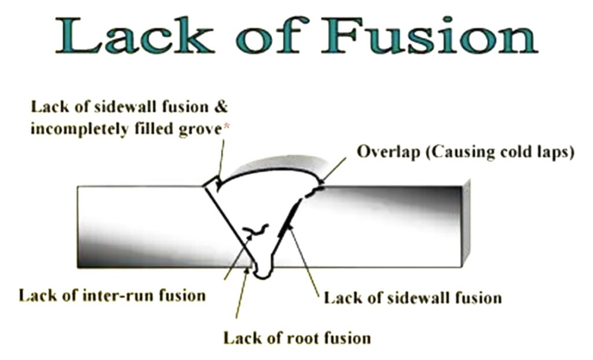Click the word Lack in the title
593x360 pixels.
(133, 35)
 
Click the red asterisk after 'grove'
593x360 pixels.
(226, 128)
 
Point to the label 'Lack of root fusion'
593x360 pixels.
(297, 337)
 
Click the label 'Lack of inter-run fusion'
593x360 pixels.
(112, 296)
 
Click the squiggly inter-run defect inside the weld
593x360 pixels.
(256, 230)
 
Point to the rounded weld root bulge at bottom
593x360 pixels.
(264, 271)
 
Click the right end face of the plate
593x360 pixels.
(466, 223)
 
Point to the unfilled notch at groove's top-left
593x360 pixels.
(213, 183)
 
